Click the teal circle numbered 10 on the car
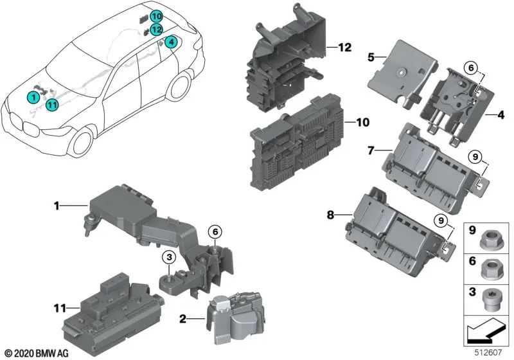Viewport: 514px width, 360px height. pyautogui.click(x=157, y=17)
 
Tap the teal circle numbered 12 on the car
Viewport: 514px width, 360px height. pyautogui.click(x=157, y=29)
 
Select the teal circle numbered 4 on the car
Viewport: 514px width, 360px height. pyautogui.click(x=170, y=42)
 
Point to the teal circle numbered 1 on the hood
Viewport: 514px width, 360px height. pyautogui.click(x=31, y=97)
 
